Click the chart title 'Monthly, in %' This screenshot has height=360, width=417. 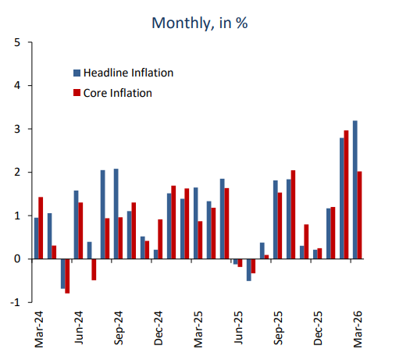[199, 23]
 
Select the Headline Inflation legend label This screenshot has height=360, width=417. [127, 73]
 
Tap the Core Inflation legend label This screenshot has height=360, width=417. [117, 93]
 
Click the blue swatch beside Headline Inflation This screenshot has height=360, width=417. [77, 73]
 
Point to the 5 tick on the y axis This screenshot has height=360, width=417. [17, 42]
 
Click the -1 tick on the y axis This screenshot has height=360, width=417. [16, 302]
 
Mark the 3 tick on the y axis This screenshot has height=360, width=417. [17, 129]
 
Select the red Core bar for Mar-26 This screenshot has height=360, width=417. [360, 215]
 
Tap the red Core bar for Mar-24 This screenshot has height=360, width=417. [41, 227]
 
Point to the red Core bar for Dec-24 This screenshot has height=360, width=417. [160, 239]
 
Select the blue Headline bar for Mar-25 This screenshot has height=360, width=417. [196, 223]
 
